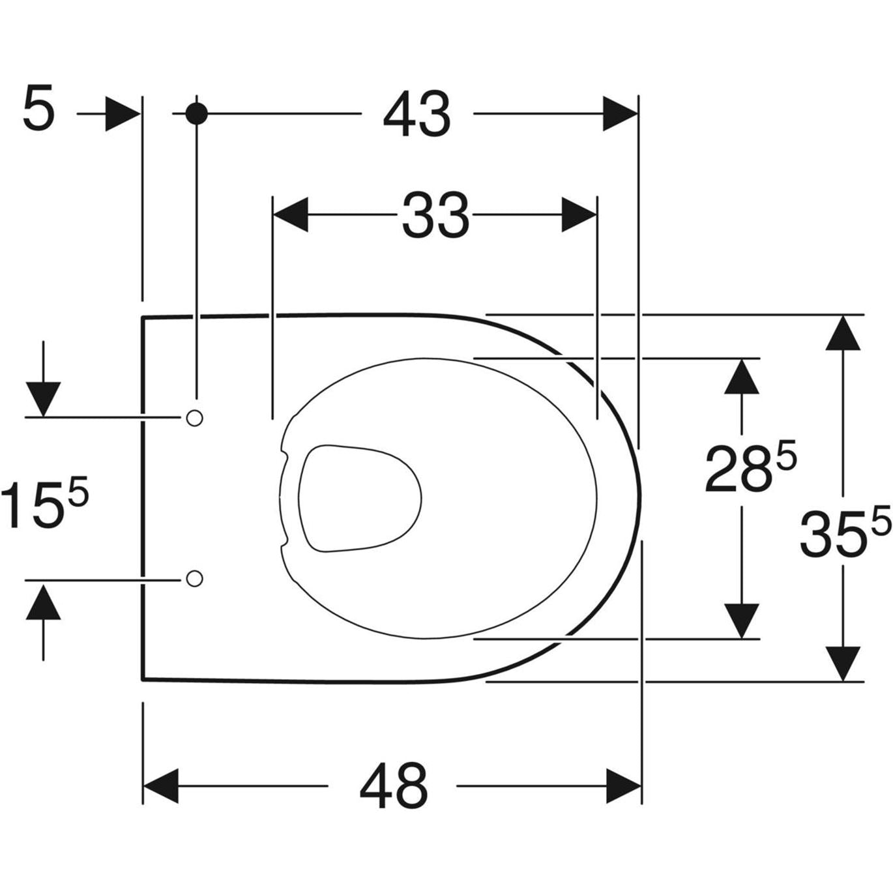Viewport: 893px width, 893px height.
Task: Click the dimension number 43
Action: click(x=417, y=115)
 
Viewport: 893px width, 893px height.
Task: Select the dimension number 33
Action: click(x=435, y=214)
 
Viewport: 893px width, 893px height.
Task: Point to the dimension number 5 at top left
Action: click(x=38, y=110)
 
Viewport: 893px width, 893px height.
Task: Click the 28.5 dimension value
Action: click(x=750, y=467)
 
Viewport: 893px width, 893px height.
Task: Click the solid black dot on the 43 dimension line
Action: click(x=196, y=113)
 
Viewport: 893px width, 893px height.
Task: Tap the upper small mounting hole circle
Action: click(x=194, y=418)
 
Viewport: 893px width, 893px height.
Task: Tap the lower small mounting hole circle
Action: click(x=194, y=578)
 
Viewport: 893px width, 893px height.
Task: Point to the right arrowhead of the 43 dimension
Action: click(x=620, y=114)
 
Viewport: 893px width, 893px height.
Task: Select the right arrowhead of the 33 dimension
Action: click(x=579, y=214)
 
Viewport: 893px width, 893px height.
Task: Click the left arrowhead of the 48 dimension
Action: click(x=160, y=786)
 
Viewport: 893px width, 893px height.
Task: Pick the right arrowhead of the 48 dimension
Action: click(x=624, y=786)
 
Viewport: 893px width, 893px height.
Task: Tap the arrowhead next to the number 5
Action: click(x=123, y=114)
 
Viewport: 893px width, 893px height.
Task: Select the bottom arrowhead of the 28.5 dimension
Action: click(x=741, y=621)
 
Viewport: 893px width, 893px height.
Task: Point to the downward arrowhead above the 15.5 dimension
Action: click(x=43, y=399)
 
